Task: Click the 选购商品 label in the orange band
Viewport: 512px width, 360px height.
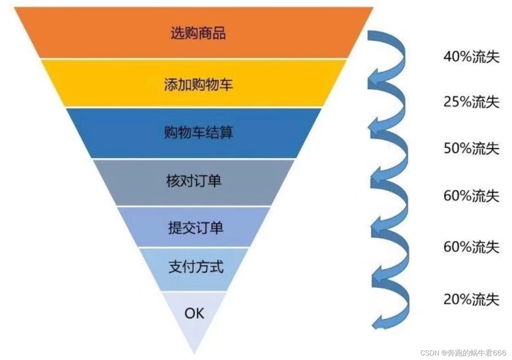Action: click(198, 33)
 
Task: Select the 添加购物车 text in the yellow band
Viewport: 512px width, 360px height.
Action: click(198, 84)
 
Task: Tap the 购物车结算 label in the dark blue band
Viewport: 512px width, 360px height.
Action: click(198, 132)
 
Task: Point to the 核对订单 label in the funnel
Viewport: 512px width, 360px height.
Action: click(193, 181)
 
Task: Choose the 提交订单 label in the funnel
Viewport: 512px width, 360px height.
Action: click(196, 228)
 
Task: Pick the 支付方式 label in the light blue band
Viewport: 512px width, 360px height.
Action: click(196, 267)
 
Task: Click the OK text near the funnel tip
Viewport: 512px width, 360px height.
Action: click(194, 313)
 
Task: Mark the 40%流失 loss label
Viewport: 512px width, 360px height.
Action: click(471, 57)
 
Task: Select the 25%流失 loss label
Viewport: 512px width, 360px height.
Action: click(471, 102)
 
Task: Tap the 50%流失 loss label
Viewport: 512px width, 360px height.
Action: click(471, 148)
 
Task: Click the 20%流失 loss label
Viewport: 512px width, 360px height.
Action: click(471, 299)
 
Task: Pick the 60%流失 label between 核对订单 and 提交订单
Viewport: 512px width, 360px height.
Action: click(471, 196)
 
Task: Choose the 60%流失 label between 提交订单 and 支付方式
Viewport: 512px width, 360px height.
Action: click(471, 247)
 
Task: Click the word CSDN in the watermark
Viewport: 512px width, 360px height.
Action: click(429, 353)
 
